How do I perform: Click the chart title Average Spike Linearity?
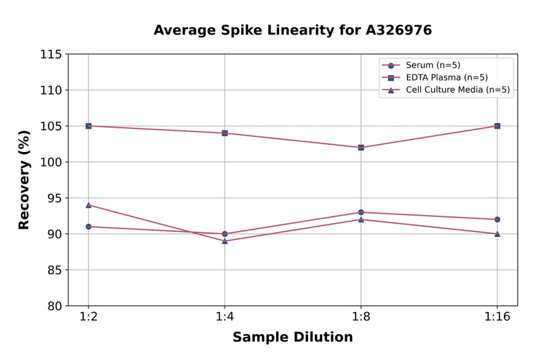click(x=292, y=30)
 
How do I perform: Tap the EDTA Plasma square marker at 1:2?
click(x=88, y=126)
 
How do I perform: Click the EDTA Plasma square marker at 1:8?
click(x=361, y=147)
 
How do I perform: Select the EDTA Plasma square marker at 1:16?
click(x=497, y=126)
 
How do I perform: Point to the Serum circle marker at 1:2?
click(x=88, y=227)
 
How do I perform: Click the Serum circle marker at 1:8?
click(x=361, y=212)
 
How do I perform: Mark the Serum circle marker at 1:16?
click(x=497, y=219)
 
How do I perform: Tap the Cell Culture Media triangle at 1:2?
click(x=88, y=205)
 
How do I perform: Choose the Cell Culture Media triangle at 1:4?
click(x=225, y=241)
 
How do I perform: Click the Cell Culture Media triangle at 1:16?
click(x=497, y=233)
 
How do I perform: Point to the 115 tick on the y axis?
click(x=51, y=55)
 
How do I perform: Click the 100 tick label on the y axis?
click(x=51, y=162)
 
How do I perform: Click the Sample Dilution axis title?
click(x=292, y=338)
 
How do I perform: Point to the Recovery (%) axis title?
click(x=24, y=180)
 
